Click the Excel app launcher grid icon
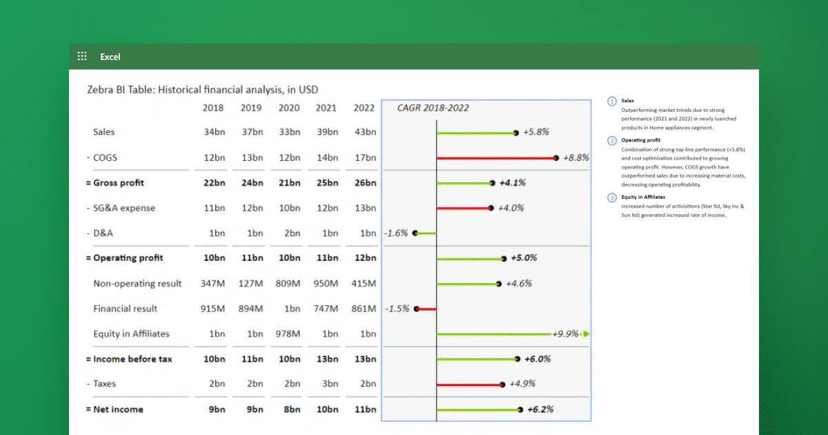click(82, 57)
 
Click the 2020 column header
click(289, 108)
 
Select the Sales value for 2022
click(364, 132)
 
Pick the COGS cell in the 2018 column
click(214, 157)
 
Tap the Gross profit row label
click(119, 183)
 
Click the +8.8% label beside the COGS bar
click(576, 157)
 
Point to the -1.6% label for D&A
click(396, 233)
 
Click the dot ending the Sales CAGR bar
click(516, 133)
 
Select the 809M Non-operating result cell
click(289, 284)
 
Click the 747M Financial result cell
click(326, 309)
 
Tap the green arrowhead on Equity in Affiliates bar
click(586, 334)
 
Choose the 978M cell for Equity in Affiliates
click(289, 334)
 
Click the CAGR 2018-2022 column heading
click(433, 108)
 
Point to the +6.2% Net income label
click(540, 409)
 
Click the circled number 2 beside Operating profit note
click(612, 141)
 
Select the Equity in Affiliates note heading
click(643, 197)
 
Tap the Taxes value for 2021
click(326, 384)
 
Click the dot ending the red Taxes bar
click(502, 385)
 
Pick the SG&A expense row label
click(124, 208)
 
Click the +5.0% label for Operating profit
click(524, 258)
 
